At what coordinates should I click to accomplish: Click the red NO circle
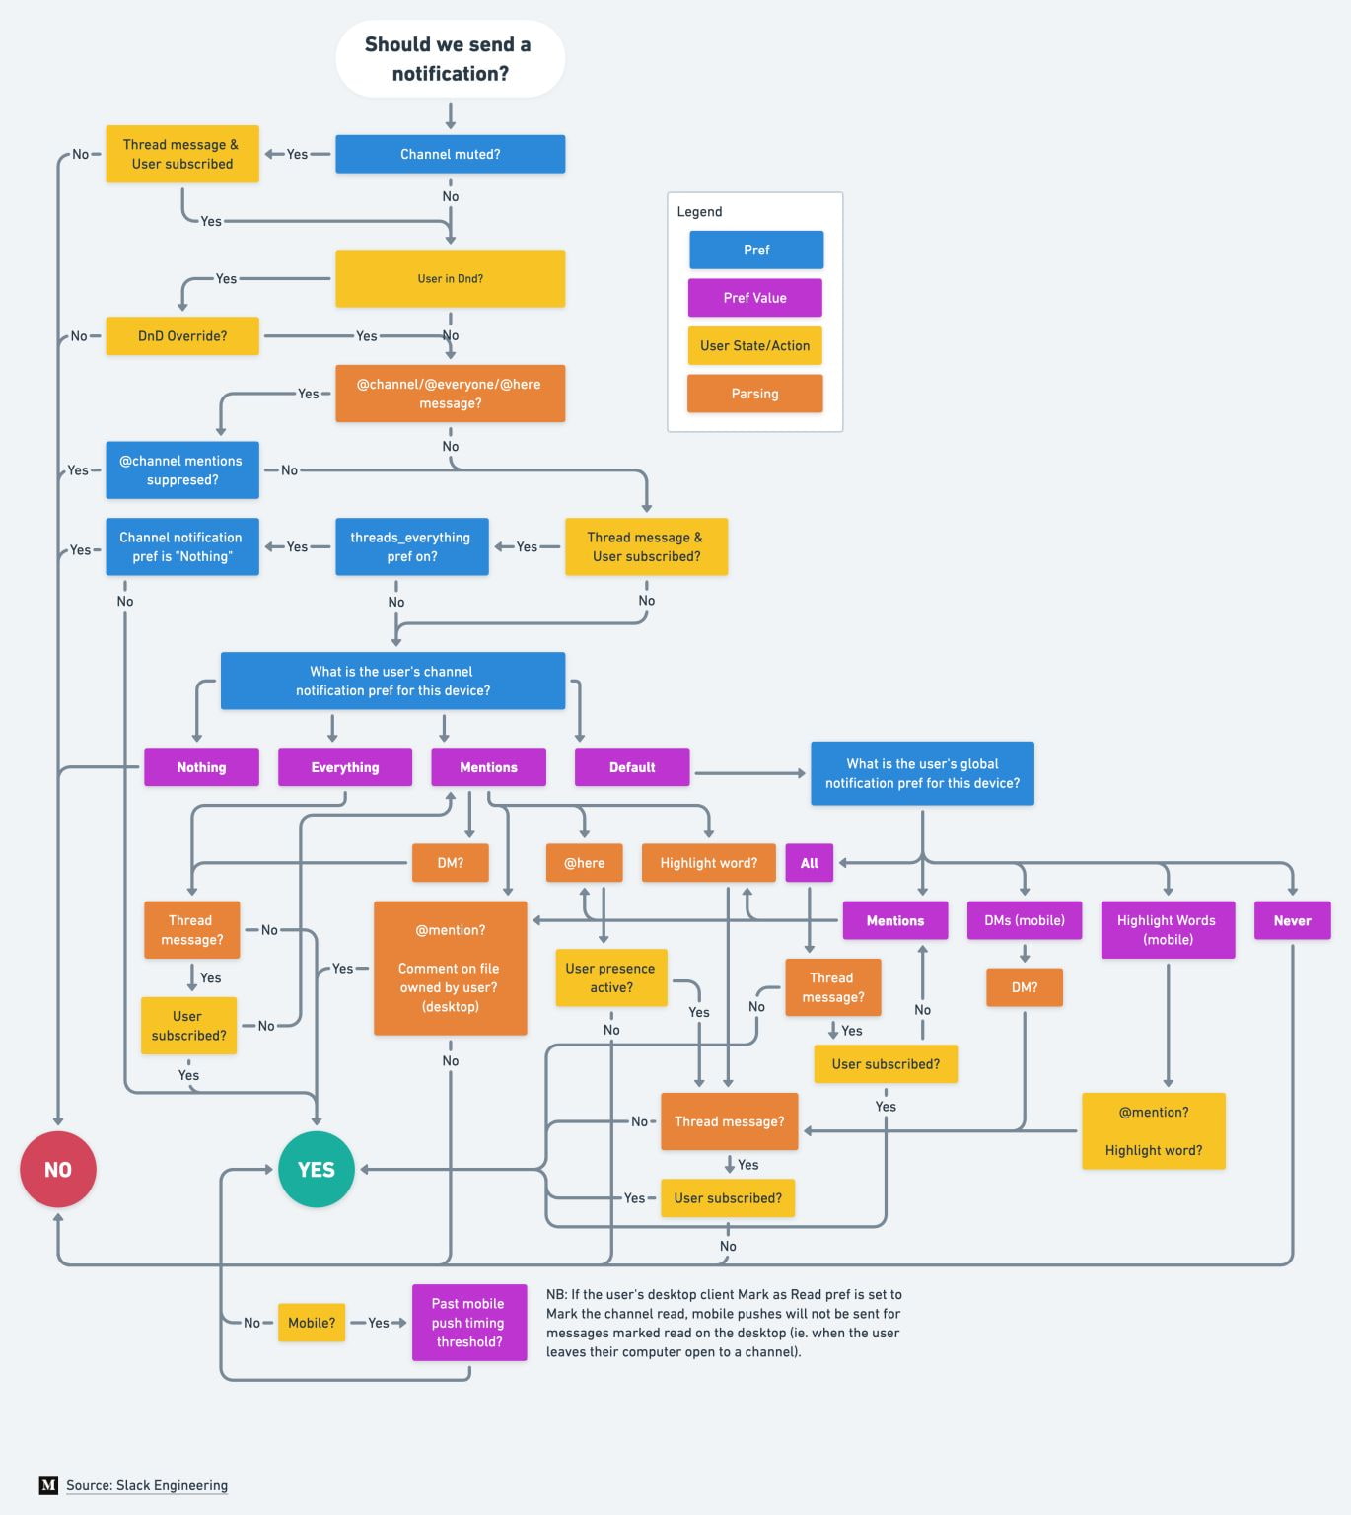point(58,1169)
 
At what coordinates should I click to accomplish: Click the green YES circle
point(317,1169)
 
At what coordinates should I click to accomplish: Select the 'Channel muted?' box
point(450,154)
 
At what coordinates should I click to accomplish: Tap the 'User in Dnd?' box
point(450,278)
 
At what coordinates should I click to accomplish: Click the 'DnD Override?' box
point(182,335)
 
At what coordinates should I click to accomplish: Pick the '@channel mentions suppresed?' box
point(182,469)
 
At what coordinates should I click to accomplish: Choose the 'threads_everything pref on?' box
point(411,546)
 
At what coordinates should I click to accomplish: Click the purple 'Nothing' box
point(201,766)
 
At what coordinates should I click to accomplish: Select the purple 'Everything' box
point(344,766)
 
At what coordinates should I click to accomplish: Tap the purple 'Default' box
point(631,766)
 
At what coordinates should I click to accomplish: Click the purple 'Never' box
point(1292,920)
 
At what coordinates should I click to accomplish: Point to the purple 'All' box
point(809,862)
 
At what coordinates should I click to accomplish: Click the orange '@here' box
point(584,862)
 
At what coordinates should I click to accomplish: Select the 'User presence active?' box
point(611,977)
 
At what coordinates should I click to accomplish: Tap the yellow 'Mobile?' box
point(312,1323)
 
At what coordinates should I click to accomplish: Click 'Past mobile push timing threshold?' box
point(468,1323)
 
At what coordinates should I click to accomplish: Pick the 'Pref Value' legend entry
point(754,297)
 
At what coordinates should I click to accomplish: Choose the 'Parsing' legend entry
point(754,393)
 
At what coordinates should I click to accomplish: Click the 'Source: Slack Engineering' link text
point(147,1485)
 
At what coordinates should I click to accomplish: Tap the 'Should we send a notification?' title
point(450,58)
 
